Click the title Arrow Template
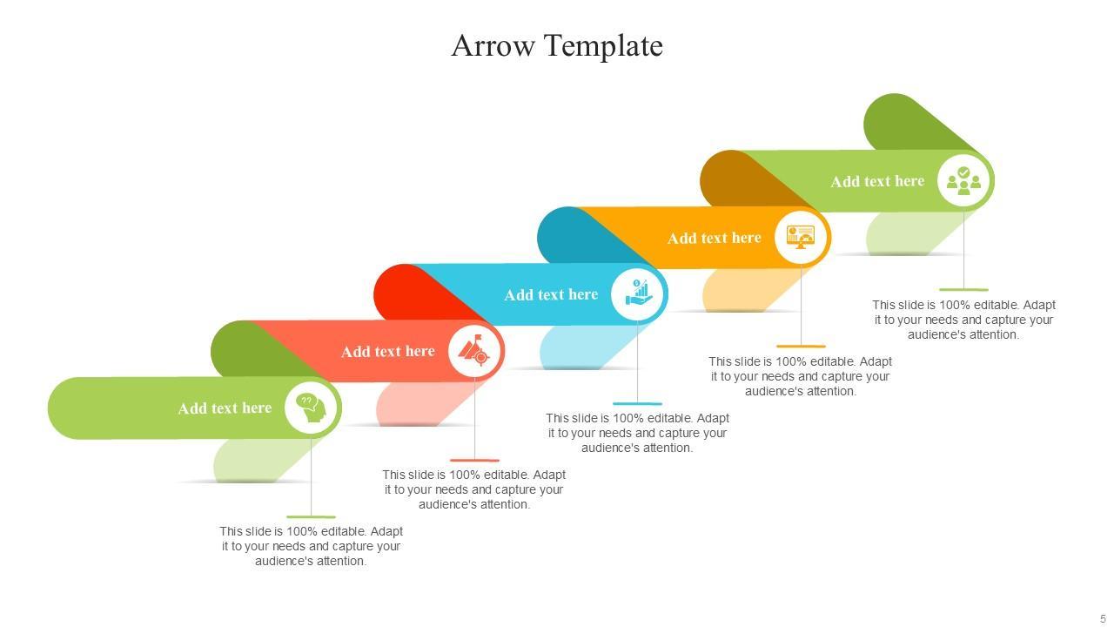(557, 45)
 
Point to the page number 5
(1103, 619)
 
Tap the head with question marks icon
(311, 408)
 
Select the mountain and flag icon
(474, 351)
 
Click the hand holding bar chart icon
(638, 293)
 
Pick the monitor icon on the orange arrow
(801, 237)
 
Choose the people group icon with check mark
(963, 180)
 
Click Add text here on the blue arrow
(551, 294)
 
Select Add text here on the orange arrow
(714, 238)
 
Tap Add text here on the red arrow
(387, 351)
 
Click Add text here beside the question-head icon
(225, 408)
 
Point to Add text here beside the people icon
(877, 181)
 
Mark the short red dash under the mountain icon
(474, 460)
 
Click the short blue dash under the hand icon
(637, 403)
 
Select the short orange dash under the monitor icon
(801, 346)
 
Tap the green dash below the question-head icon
(311, 516)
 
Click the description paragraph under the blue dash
(637, 433)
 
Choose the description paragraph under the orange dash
(801, 376)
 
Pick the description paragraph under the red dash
(474, 489)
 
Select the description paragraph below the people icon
(963, 320)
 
